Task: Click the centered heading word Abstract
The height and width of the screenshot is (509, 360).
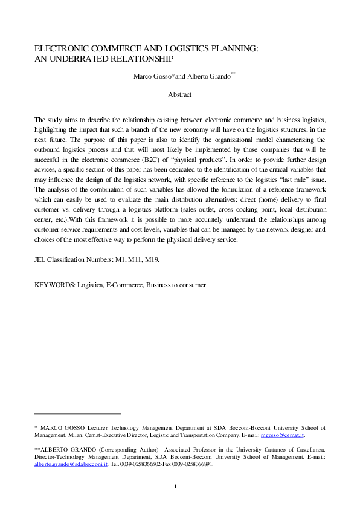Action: coord(179,94)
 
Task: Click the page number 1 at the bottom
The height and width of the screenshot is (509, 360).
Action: coord(175,487)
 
